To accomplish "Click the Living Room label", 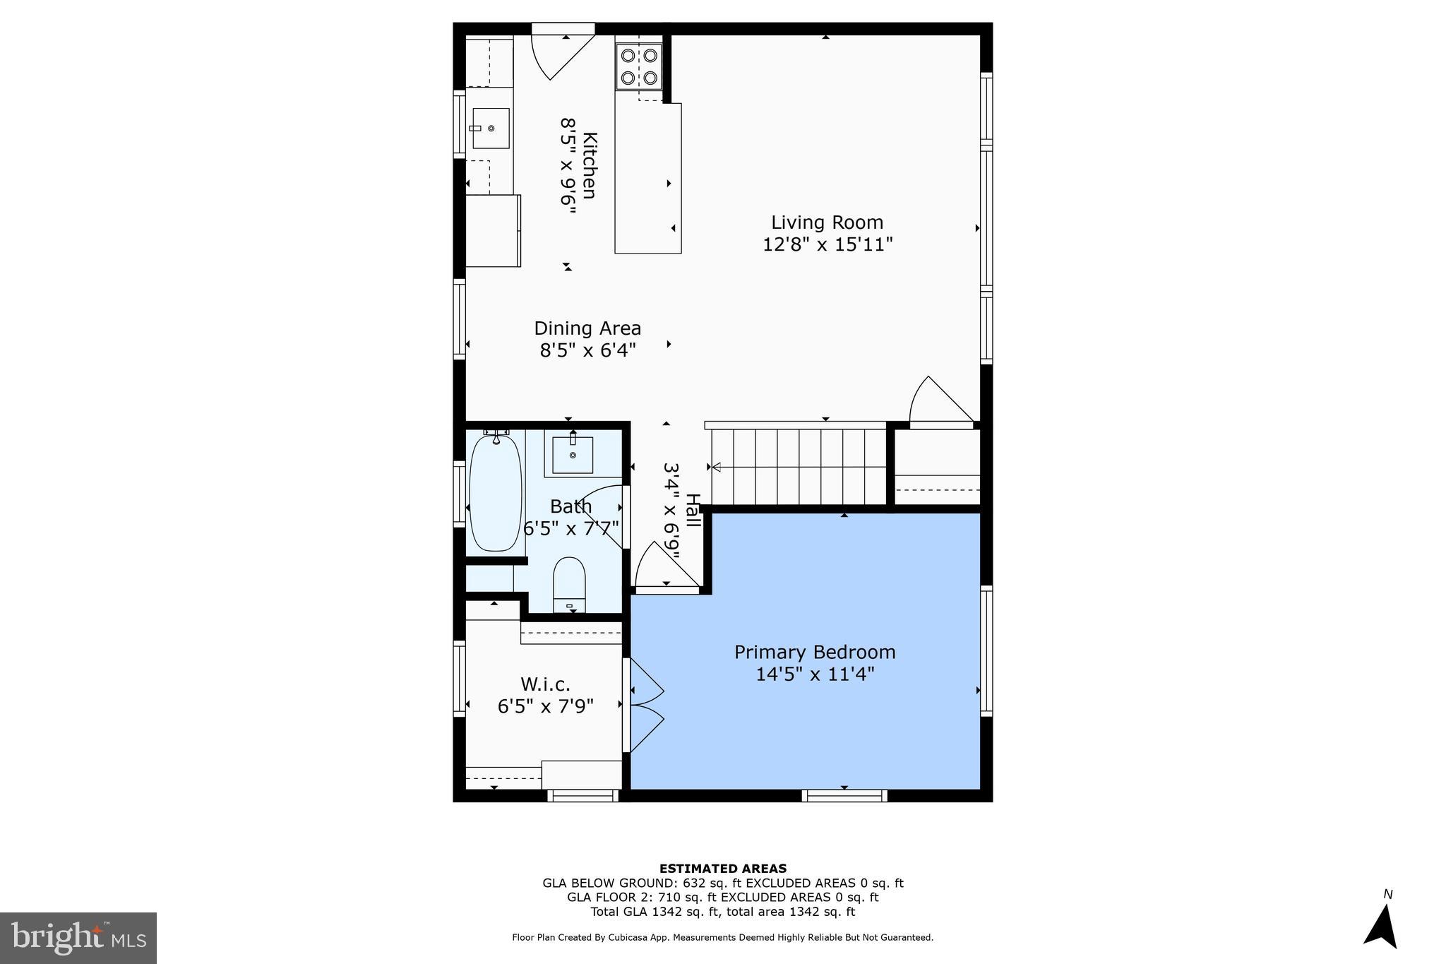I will [x=827, y=222].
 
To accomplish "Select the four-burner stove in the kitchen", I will [x=639, y=66].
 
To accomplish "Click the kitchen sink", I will [x=491, y=128].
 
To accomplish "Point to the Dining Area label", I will [x=587, y=328].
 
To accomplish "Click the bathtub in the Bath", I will [x=495, y=493].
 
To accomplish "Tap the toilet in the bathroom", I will [x=569, y=584].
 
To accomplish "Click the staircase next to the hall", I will [x=798, y=466].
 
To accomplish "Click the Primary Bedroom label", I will [x=815, y=652].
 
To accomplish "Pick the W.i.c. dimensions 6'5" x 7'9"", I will [x=545, y=706].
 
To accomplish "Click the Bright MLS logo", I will [x=78, y=937].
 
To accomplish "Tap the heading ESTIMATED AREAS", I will [x=722, y=869].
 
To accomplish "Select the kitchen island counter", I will [x=648, y=178].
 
